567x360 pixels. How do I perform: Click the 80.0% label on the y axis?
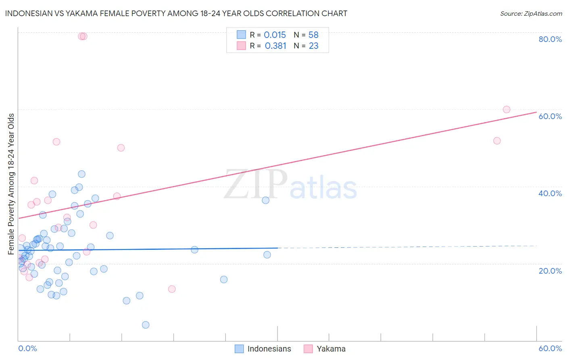[550, 39]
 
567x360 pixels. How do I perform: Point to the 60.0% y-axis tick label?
[550, 116]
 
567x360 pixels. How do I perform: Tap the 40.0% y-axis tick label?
[550, 193]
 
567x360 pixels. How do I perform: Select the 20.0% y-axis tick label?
[550, 271]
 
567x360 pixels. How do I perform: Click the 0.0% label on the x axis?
[27, 348]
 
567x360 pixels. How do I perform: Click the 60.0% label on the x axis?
[550, 348]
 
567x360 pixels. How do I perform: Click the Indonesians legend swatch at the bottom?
[239, 349]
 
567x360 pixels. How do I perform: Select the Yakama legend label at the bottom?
[331, 349]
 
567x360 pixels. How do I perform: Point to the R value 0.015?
[275, 35]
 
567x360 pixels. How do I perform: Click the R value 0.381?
[275, 46]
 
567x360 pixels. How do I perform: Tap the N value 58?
[313, 35]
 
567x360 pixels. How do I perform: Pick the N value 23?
[313, 46]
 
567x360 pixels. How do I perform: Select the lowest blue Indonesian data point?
[146, 325]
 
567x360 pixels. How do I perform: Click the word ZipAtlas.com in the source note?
[542, 14]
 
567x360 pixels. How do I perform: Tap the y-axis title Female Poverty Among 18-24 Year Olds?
[11, 184]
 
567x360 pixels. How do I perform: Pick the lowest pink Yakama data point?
[172, 289]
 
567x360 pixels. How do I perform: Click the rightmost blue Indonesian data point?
[267, 255]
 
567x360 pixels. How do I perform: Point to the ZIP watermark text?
[255, 185]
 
